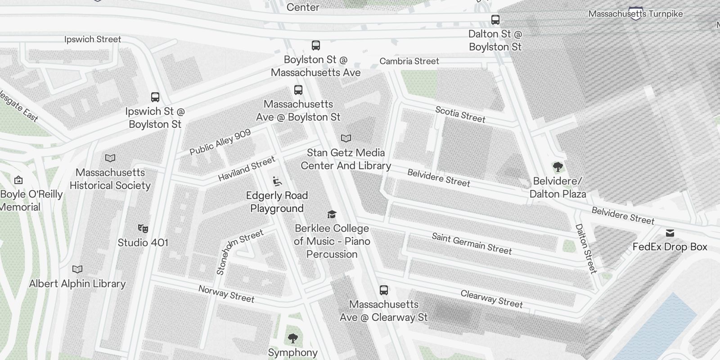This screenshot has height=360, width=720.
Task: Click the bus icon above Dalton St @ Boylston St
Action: coord(495,20)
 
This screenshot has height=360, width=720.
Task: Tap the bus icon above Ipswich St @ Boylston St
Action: coord(155,97)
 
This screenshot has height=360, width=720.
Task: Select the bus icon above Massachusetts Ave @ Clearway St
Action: coord(384,290)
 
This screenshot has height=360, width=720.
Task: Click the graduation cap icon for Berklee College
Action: coord(332,214)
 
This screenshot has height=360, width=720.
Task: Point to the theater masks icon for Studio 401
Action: coord(143,229)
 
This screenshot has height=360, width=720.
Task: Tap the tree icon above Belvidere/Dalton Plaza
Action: coord(558,167)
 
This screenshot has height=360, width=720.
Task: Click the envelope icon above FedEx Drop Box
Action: coord(670,233)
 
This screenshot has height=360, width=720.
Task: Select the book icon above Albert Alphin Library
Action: coord(77,270)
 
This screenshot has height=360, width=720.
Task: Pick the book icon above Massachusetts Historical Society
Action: coord(110,158)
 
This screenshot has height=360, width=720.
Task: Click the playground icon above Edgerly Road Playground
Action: coord(277,181)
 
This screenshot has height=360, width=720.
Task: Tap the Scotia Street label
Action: coord(460,114)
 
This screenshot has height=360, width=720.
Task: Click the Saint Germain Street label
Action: coord(471,243)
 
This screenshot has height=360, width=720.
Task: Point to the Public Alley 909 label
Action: coord(220,142)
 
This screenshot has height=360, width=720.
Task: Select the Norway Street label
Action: coord(226,294)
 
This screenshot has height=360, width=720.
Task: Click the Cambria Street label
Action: coord(409,61)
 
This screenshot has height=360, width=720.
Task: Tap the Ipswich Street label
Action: coord(92,40)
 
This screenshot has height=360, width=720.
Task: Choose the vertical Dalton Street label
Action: coord(586,248)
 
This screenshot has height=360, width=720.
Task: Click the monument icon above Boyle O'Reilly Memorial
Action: coord(18,180)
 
